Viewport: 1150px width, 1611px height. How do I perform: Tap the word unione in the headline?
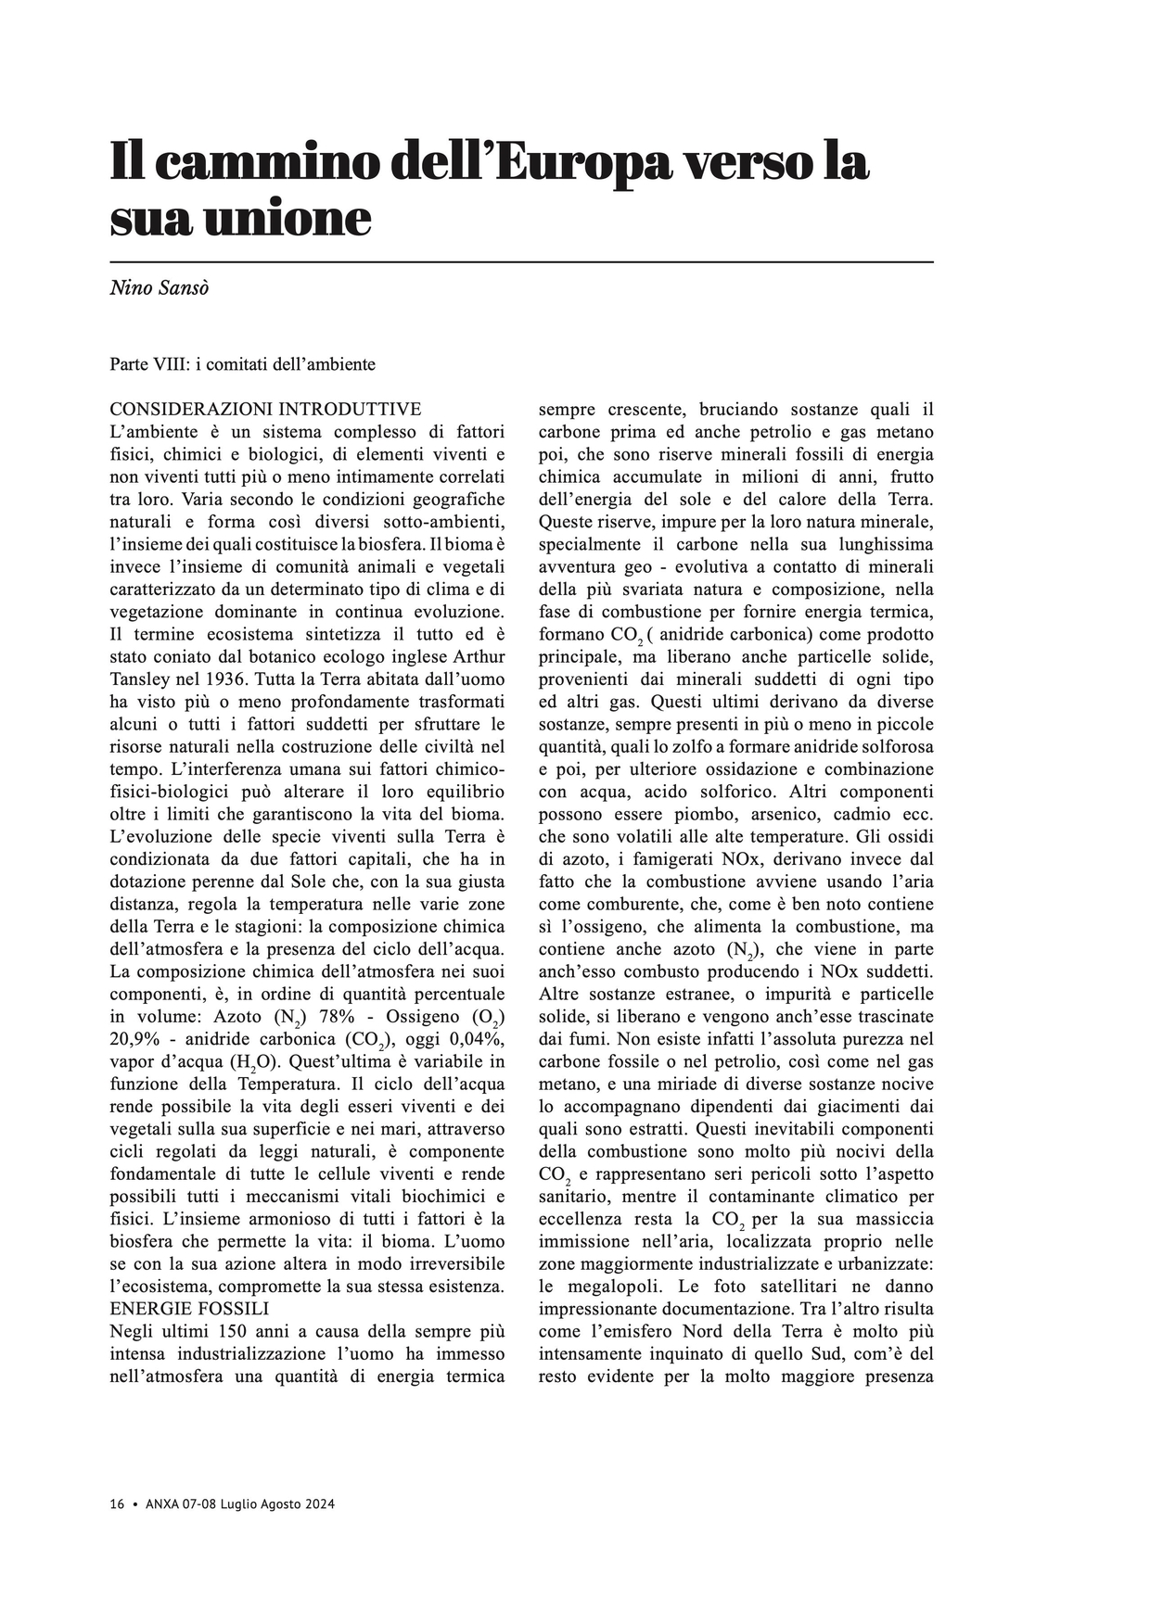pos(287,219)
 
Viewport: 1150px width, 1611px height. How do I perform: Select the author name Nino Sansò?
pos(159,288)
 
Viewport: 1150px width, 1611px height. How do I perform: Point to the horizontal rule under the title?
pos(521,263)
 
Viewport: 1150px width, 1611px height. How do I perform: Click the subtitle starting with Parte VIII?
pos(242,364)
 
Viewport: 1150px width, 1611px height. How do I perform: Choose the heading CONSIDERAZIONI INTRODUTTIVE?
pos(265,409)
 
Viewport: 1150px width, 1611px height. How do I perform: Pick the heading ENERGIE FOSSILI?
pos(189,1309)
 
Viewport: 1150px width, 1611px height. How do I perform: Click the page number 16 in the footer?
pos(117,1504)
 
